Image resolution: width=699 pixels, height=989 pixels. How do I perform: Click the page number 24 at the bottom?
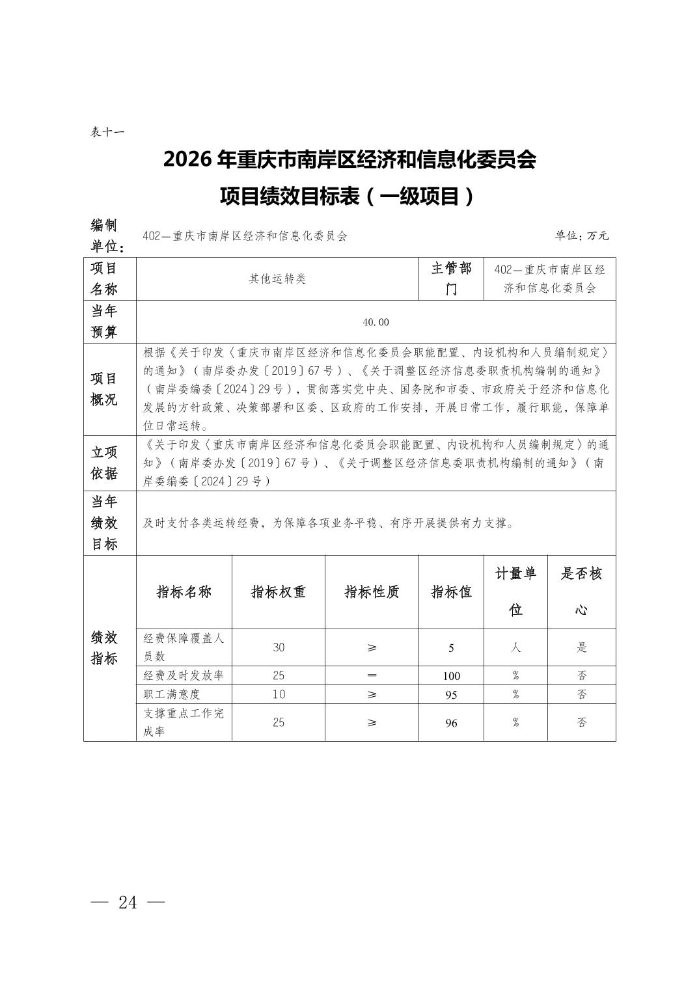pos(128,902)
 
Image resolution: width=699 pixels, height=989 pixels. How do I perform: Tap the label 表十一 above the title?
pos(107,132)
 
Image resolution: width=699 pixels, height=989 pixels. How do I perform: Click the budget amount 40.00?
pos(376,322)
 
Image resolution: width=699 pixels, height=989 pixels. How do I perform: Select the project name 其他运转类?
pos(277,278)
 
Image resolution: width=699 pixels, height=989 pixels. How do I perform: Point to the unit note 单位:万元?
pos(581,236)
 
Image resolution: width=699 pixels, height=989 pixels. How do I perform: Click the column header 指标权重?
pos(279,592)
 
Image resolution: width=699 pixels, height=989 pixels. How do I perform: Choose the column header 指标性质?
pos(372,592)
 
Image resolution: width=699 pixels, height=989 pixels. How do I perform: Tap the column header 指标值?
pos(451,592)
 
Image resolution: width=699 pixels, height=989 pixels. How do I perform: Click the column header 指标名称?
pos(184,592)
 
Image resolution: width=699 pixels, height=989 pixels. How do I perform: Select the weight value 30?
pos(279,647)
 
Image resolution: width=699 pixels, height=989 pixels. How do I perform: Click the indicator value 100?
pos(451,676)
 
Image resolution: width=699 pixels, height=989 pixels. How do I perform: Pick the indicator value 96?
pos(451,723)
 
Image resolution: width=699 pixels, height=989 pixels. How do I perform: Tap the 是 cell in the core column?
pos(581,647)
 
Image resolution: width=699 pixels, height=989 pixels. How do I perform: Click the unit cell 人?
pos(515,647)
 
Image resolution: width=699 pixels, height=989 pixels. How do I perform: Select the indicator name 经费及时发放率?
pos(184,675)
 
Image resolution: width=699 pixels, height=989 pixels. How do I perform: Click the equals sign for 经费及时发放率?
pos(372,676)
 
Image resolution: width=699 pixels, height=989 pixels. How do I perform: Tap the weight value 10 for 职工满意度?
pos(279,694)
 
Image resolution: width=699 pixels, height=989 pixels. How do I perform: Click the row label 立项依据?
pos(104,463)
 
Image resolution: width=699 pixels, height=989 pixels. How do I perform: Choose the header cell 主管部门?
pos(451,278)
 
